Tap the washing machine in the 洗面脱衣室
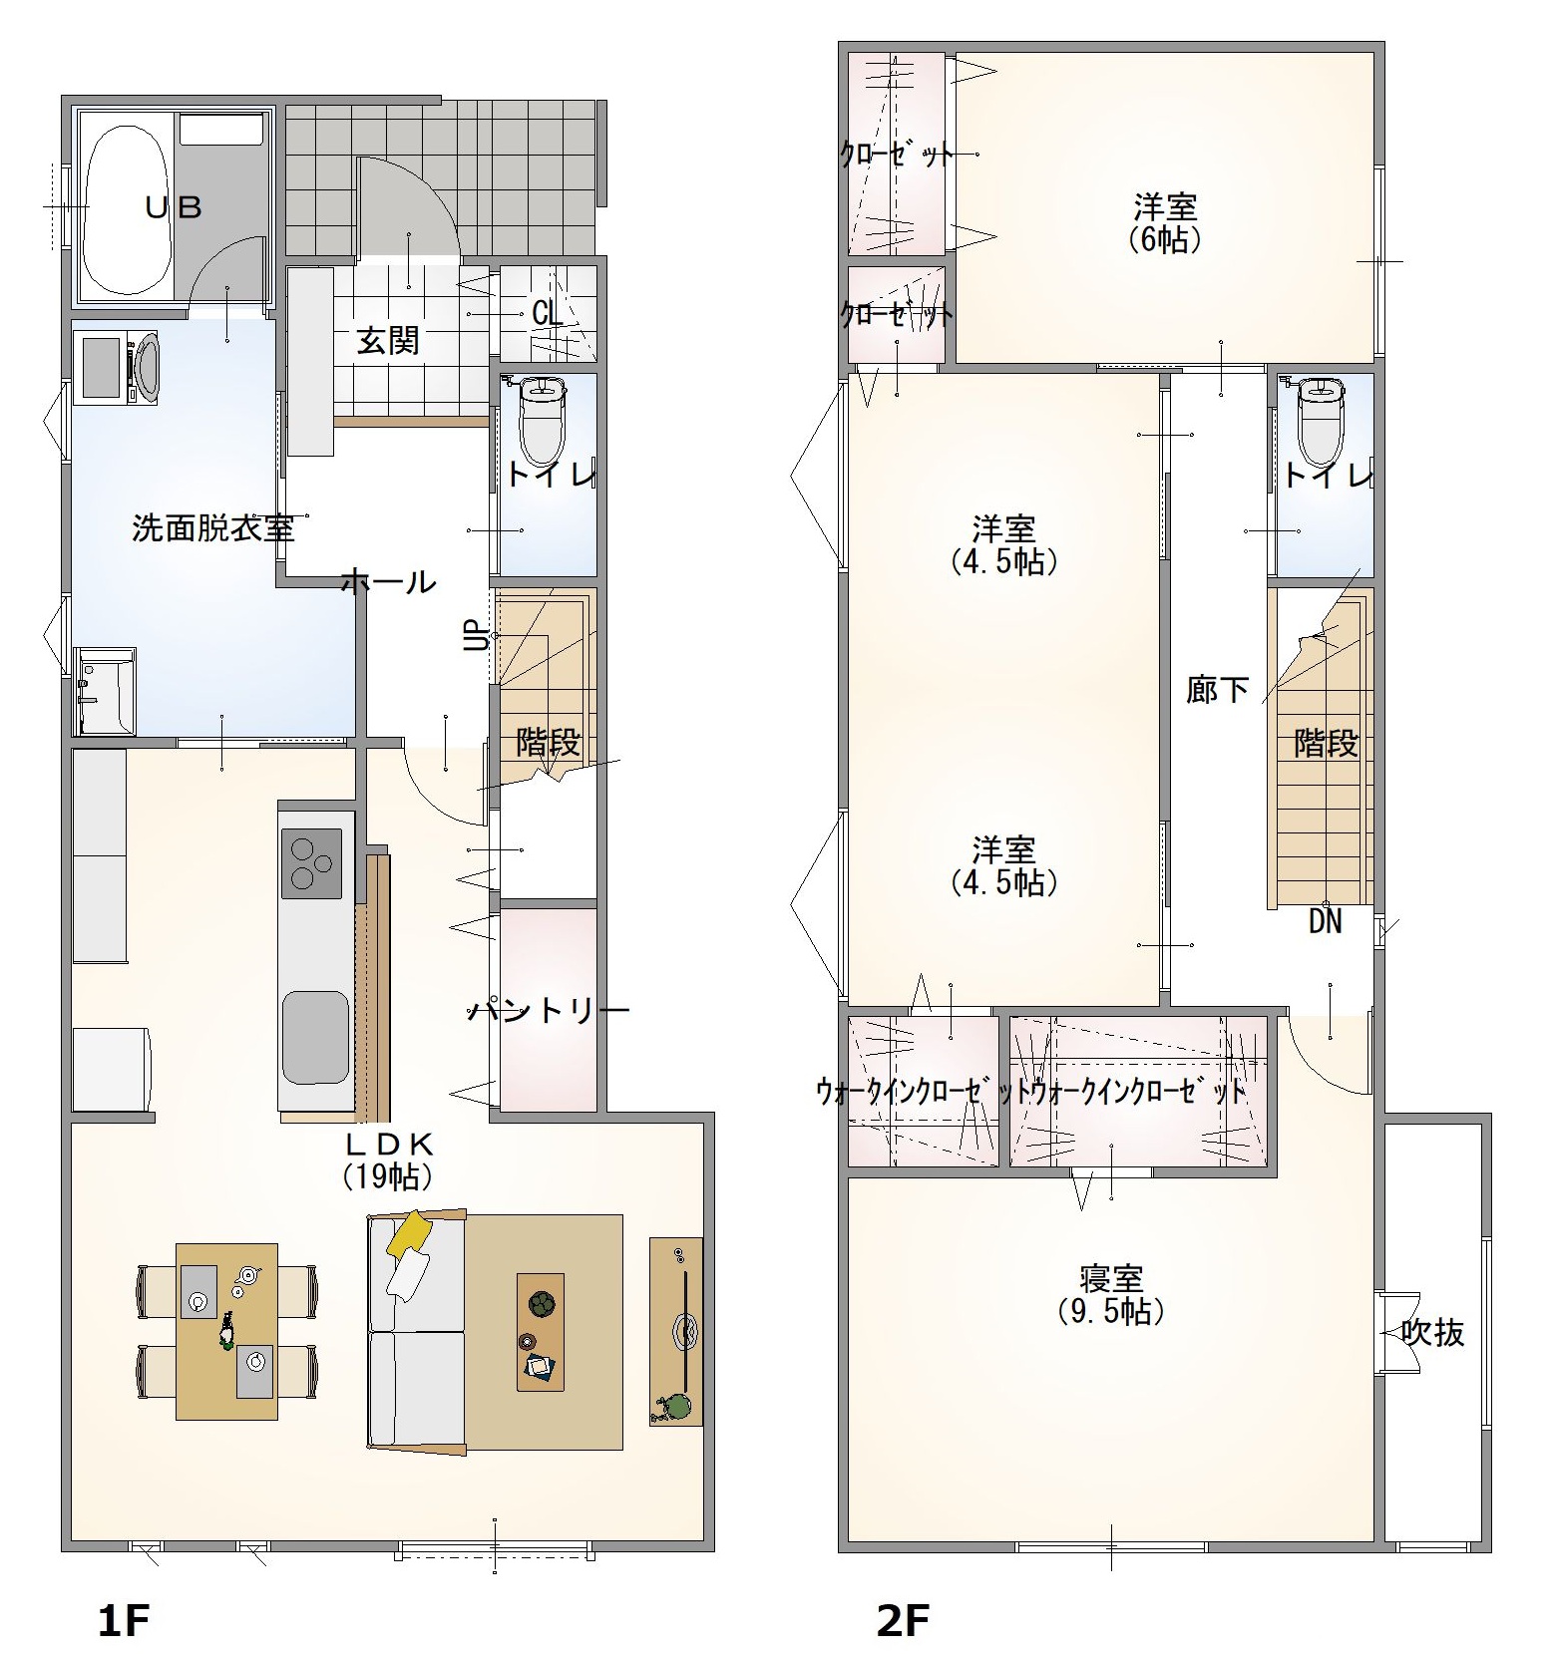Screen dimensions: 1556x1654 click(x=116, y=368)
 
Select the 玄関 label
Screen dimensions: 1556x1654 click(x=388, y=341)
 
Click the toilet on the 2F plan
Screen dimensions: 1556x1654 click(x=1321, y=421)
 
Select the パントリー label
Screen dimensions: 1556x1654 click(x=550, y=1011)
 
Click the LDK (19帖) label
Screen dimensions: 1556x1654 click(x=388, y=1159)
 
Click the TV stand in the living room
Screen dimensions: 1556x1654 click(x=675, y=1331)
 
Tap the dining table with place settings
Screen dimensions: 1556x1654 click(x=226, y=1331)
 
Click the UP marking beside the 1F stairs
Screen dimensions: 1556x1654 click(x=478, y=635)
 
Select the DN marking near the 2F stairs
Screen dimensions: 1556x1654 click(x=1325, y=921)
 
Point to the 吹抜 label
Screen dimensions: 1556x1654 click(x=1433, y=1332)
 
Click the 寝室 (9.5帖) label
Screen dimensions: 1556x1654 click(x=1111, y=1294)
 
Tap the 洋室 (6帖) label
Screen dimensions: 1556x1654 click(x=1165, y=223)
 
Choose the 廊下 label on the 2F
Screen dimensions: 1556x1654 click(x=1217, y=689)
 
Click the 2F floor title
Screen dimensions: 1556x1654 click(x=903, y=1622)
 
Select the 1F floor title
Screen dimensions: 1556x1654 click(x=124, y=1622)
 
